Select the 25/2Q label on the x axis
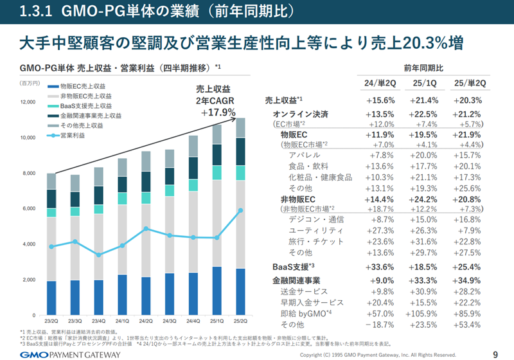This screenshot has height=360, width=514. tap(240, 321)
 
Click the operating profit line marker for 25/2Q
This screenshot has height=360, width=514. tap(240, 210)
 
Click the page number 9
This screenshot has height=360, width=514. tap(495, 353)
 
